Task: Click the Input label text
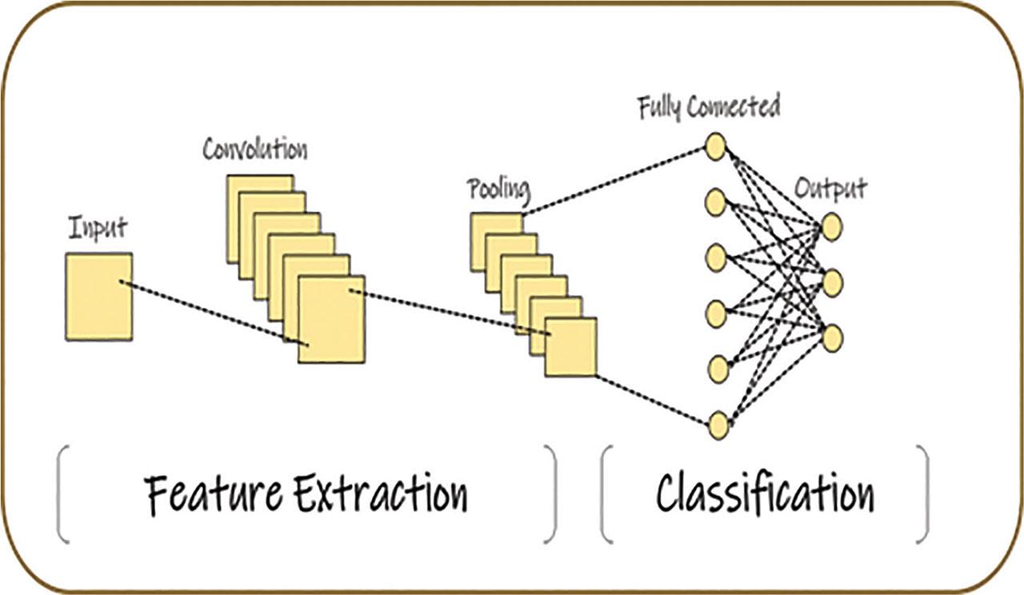coord(97,229)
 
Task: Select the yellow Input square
coord(98,297)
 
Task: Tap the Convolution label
coord(254,149)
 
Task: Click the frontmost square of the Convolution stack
coord(331,319)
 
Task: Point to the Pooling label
coord(498,190)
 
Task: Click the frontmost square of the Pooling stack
coord(570,347)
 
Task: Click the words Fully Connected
coord(709,106)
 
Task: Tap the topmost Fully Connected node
coord(715,147)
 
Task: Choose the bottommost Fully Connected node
coord(718,424)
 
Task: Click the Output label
coord(830,189)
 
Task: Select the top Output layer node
coord(831,227)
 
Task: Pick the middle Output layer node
coord(832,283)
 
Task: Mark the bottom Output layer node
coord(832,339)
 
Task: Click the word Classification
coord(764,493)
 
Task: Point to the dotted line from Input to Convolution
coord(208,312)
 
